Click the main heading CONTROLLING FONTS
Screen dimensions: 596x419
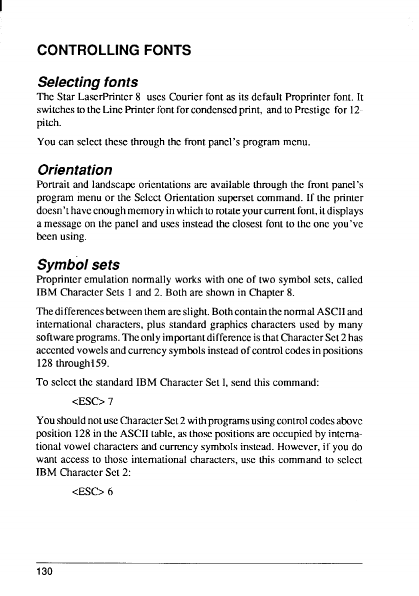[x=114, y=50]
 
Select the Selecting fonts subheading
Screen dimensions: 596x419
[x=87, y=81]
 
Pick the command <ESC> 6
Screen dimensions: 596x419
[x=93, y=491]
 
